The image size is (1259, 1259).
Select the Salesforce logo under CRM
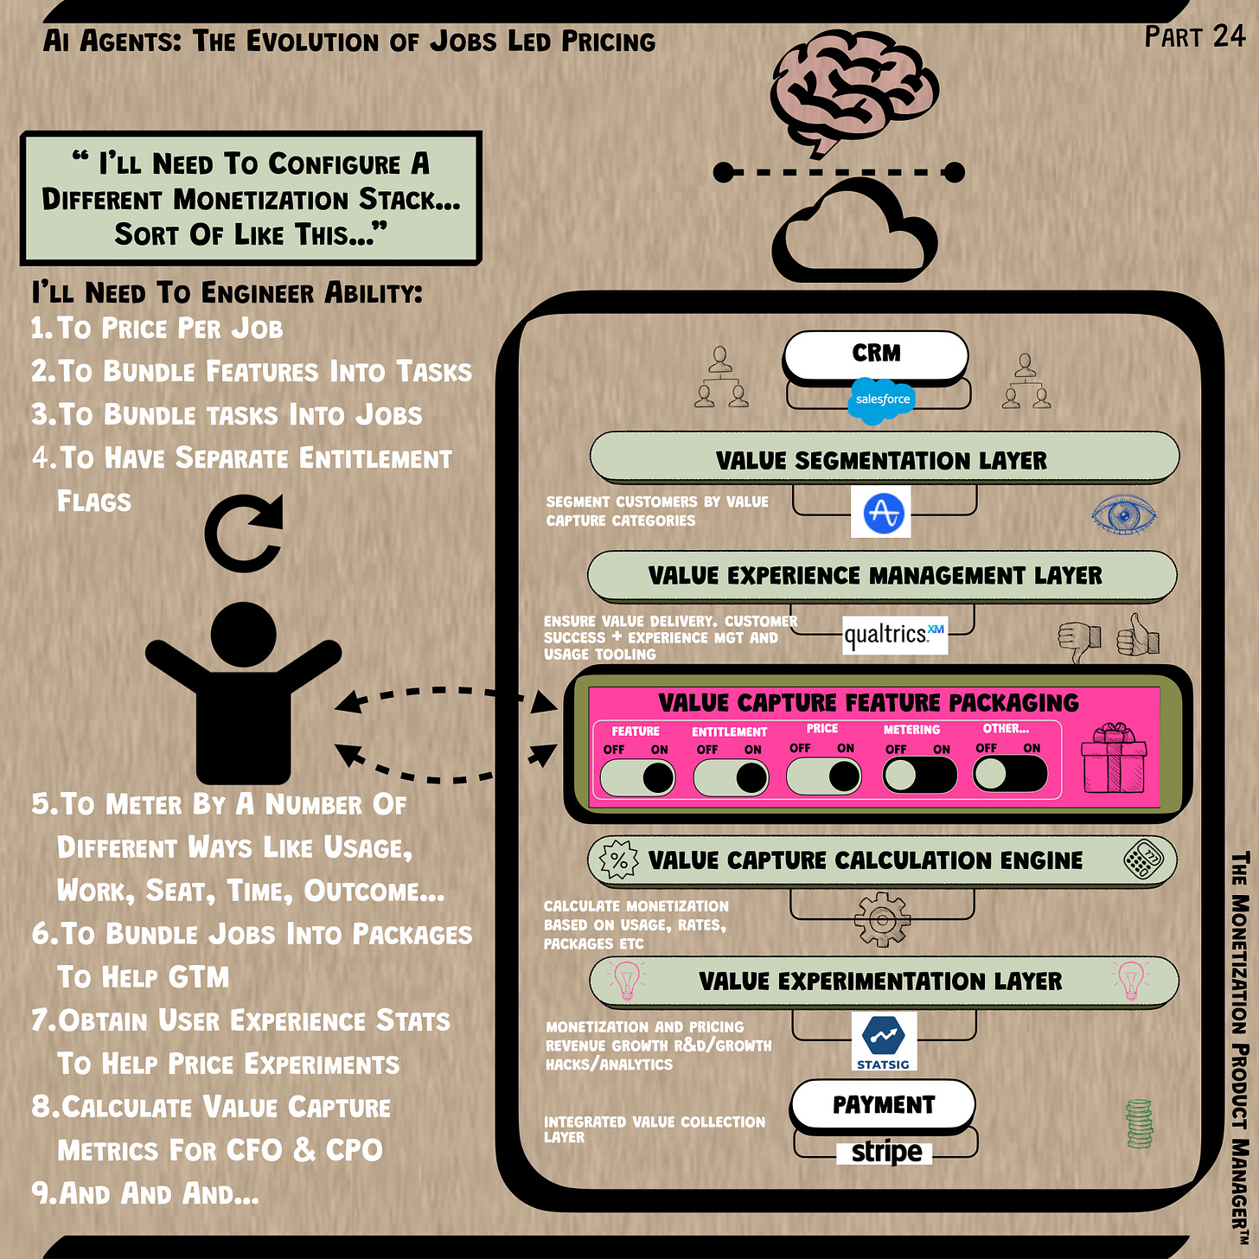881,400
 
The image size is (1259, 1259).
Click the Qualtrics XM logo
894,636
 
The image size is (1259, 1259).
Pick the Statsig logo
883,1041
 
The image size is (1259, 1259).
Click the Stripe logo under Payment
885,1152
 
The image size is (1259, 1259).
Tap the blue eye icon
1123,515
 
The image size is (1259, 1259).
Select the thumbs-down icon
1080,641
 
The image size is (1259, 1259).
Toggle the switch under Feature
638,776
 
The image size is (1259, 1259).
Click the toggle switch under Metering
919,774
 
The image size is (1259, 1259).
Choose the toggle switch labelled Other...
1010,773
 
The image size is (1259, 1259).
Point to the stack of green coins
1139,1123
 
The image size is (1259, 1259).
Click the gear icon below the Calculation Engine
882,920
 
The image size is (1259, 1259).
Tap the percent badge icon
618,860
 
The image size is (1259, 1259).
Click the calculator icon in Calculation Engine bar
1143,860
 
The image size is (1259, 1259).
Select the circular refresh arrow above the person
244,533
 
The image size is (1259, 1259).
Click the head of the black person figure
244,635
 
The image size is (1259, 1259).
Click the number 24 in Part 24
1229,36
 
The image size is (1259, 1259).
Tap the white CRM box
875,354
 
